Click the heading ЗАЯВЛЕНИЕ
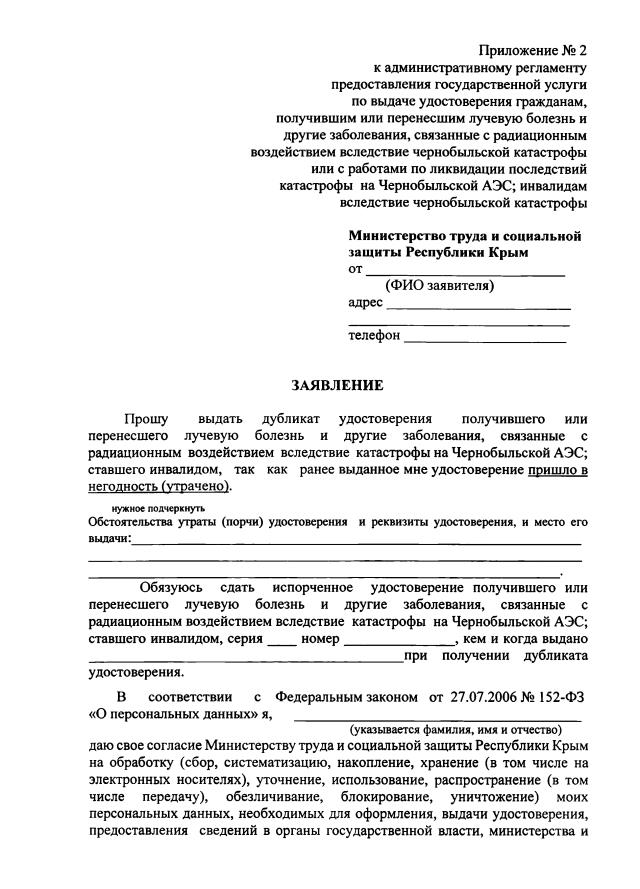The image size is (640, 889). (336, 384)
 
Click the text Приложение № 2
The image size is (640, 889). (532, 49)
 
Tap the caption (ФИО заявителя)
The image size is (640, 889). (439, 285)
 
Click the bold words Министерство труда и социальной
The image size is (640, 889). (464, 236)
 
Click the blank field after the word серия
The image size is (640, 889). (281, 639)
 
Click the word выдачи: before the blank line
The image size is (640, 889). (110, 539)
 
